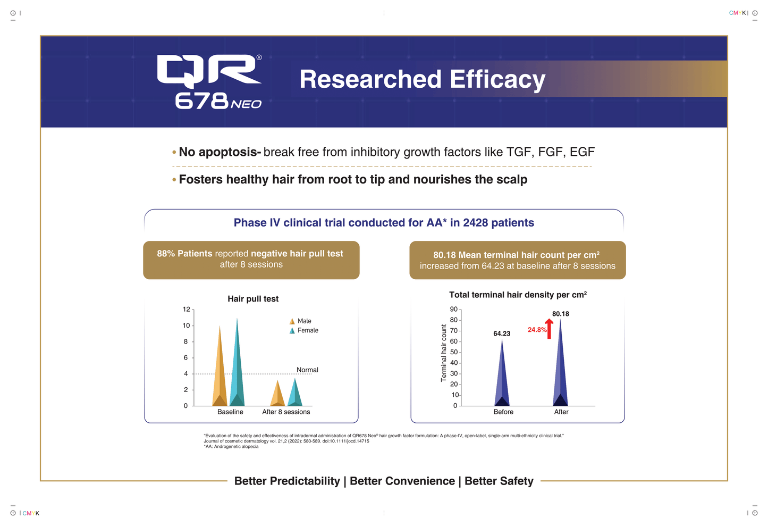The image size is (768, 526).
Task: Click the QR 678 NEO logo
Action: (210, 81)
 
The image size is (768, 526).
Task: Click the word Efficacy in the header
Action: (497, 79)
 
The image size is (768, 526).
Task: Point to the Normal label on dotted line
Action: (307, 370)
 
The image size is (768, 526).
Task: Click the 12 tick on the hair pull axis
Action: (187, 309)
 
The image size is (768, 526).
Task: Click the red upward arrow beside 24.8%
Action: (549, 329)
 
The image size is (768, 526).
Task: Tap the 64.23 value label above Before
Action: (502, 333)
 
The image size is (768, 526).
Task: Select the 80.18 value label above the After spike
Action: (561, 314)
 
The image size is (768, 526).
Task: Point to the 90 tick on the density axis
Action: (454, 309)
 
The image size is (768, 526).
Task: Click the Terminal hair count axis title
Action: (444, 353)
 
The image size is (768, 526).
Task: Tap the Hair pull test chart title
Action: (253, 299)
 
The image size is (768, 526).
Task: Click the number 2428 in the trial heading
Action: (475, 223)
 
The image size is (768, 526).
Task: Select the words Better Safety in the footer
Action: (499, 481)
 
